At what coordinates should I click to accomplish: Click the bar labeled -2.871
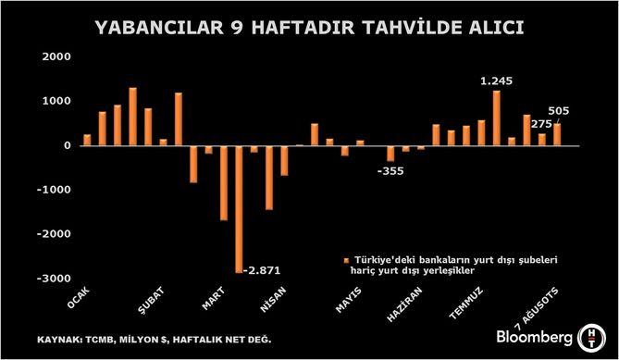(239, 209)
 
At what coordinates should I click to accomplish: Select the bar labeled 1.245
(497, 118)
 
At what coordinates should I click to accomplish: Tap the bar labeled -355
(390, 154)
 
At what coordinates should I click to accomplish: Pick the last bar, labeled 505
(557, 134)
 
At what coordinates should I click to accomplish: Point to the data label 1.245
(496, 81)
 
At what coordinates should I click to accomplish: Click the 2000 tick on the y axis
(56, 56)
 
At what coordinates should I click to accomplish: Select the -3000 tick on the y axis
(54, 278)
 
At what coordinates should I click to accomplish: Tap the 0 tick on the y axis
(68, 145)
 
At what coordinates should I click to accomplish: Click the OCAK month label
(79, 298)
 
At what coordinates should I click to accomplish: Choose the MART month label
(213, 298)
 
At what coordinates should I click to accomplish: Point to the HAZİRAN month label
(404, 304)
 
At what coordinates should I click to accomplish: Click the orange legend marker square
(347, 261)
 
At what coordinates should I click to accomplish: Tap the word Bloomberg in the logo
(535, 338)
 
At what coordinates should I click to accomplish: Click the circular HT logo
(591, 339)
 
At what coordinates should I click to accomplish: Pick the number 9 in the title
(237, 28)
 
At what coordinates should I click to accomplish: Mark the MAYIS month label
(348, 300)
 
